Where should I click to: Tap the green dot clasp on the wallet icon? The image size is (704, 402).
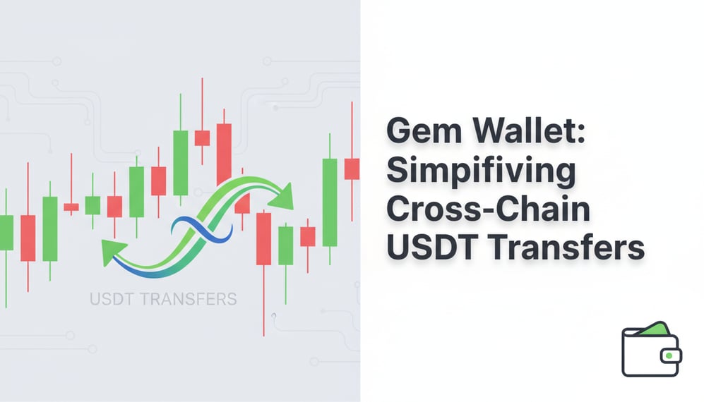[667, 356]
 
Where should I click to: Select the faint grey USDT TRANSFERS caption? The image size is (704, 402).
[163, 298]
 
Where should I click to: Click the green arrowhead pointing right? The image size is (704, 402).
[285, 194]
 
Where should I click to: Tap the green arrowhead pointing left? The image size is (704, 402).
[110, 252]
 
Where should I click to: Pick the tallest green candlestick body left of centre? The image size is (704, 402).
[181, 162]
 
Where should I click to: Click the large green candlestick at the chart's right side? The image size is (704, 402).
[329, 202]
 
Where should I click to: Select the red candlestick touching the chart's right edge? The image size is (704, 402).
[352, 169]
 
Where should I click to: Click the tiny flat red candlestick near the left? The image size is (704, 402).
[71, 207]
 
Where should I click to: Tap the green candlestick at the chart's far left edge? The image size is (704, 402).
[6, 232]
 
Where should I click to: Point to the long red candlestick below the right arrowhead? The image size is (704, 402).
[263, 248]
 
